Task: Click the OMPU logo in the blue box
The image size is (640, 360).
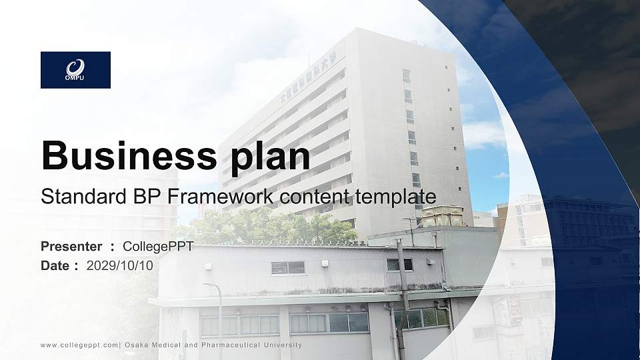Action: tap(75, 69)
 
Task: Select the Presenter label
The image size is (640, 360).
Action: tap(71, 247)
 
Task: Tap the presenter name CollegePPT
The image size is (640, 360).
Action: tap(158, 247)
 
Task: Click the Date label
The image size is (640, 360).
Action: tap(55, 265)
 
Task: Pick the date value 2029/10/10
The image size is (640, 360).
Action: tap(120, 265)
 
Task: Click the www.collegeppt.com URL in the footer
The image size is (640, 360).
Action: tap(79, 345)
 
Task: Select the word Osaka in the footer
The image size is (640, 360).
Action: tap(137, 345)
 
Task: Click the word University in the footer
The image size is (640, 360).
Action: tap(283, 345)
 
